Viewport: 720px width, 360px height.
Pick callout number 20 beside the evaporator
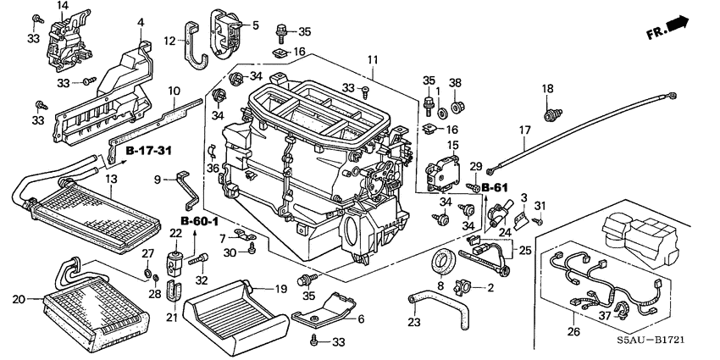(20, 297)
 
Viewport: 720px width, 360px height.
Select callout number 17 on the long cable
(524, 130)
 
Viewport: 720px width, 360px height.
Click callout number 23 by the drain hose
(415, 322)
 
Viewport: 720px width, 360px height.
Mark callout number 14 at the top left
(62, 6)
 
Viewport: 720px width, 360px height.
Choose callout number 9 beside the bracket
(158, 180)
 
